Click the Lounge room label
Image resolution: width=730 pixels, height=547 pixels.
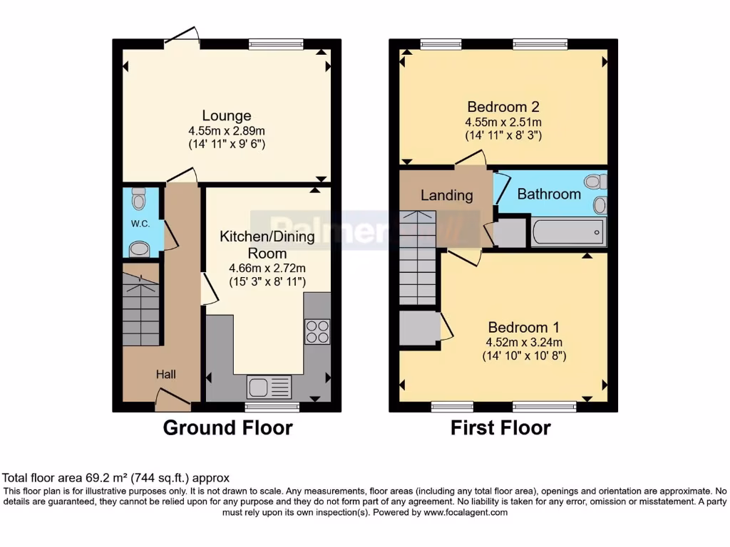227,115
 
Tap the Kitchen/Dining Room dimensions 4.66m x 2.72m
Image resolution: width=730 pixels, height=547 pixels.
267,269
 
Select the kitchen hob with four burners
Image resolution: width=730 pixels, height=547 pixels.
317,331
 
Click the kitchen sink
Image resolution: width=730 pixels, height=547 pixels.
269,387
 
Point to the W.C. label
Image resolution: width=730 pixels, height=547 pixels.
139,224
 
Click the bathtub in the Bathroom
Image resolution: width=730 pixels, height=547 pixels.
567,233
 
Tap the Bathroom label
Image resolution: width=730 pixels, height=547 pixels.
549,194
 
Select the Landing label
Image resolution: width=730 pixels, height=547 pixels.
446,195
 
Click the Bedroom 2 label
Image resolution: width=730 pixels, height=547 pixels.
503,108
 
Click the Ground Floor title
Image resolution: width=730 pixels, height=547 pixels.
227,428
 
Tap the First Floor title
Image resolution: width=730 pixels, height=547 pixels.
500,428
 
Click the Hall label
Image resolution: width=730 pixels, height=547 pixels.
166,374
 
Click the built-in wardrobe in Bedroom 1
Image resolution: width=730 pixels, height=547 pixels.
419,328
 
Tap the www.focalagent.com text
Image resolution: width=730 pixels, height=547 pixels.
466,512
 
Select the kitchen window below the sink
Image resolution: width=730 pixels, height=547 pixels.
272,407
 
